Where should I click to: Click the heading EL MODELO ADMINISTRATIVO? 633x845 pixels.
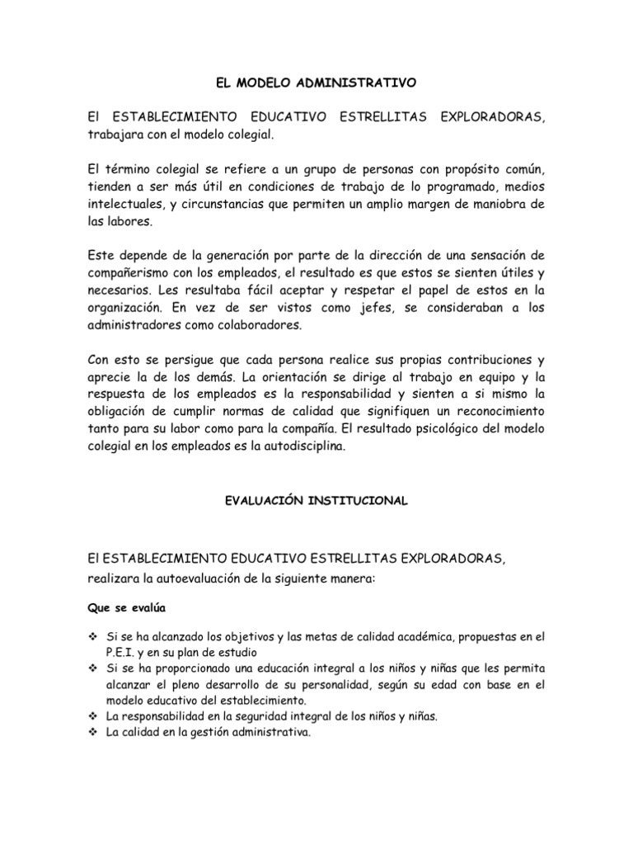point(316,83)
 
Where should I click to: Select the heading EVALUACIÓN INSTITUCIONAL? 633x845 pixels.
point(316,501)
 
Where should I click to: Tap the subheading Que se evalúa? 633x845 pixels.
point(127,608)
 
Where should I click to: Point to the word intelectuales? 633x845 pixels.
point(131,204)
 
